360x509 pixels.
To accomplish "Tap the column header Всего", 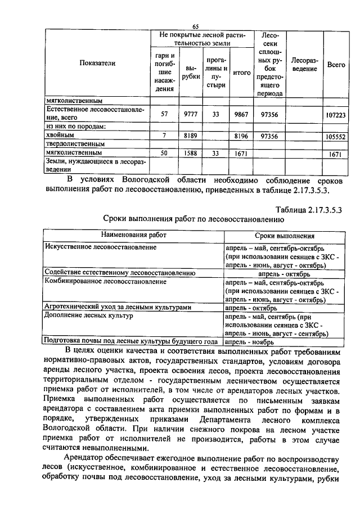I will point(336,65).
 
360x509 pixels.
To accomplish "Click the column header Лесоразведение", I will point(305,64).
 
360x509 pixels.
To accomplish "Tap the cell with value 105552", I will point(335,136).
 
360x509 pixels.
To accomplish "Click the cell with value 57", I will point(164,114).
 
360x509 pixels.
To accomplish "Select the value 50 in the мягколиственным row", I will point(164,152).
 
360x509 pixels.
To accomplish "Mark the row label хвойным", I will point(59,136).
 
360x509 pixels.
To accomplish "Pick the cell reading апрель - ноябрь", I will point(250,341).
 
